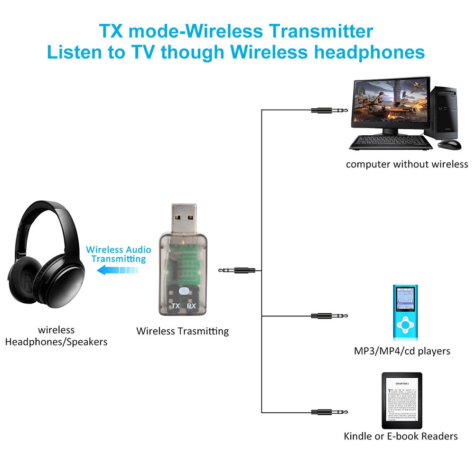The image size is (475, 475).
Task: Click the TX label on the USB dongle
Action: coord(176,306)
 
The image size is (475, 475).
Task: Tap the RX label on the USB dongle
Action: coord(191,306)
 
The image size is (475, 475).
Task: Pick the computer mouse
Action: coord(449,143)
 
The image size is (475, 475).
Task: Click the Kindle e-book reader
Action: coord(401,400)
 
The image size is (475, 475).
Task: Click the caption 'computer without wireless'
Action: coord(407,165)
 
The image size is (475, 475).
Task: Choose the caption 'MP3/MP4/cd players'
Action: coord(402,351)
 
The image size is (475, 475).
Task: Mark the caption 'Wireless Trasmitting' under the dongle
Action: coord(182,331)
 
